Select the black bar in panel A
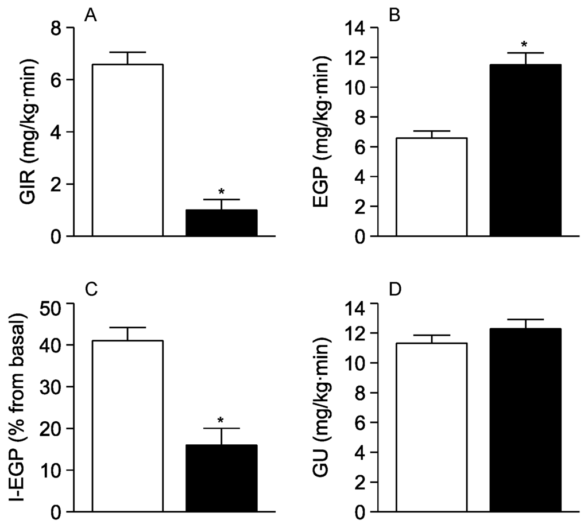[221, 223]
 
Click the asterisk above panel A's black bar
[221, 192]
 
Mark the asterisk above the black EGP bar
[524, 45]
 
